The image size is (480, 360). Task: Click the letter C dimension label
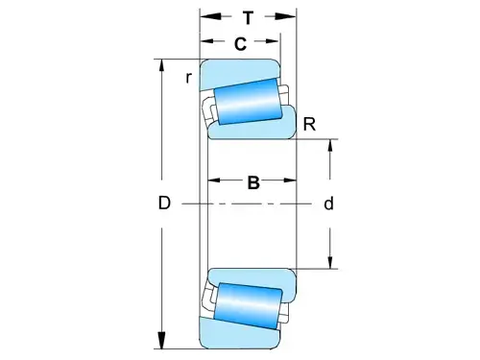(240, 43)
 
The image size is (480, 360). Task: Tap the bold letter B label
(253, 182)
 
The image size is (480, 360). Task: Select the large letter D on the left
(164, 204)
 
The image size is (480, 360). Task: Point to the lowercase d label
(328, 204)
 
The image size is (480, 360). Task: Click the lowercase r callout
(190, 77)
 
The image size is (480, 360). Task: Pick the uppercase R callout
(309, 123)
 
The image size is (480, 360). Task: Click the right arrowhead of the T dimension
(291, 16)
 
